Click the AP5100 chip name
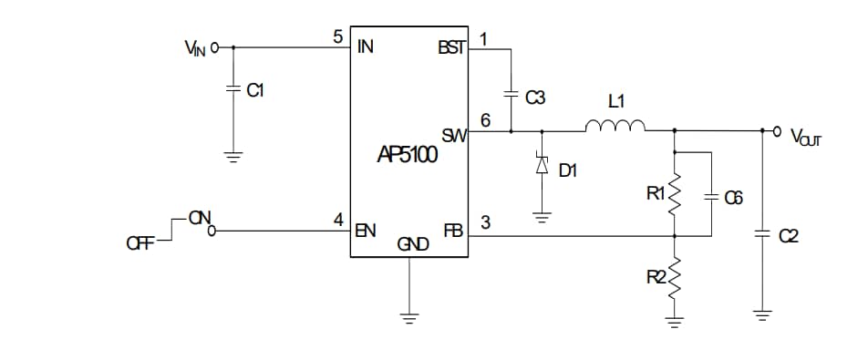tap(408, 155)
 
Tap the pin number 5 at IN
tap(338, 37)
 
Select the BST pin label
tap(451, 47)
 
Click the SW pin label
tap(454, 136)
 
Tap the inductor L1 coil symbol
tap(615, 126)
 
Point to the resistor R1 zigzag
tap(675, 194)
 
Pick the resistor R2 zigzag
tap(675, 283)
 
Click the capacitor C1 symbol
tap(233, 89)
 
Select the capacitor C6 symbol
tap(710, 196)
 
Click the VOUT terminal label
tap(806, 138)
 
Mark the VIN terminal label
tap(195, 47)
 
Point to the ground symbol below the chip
tap(409, 318)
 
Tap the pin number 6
tap(485, 120)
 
